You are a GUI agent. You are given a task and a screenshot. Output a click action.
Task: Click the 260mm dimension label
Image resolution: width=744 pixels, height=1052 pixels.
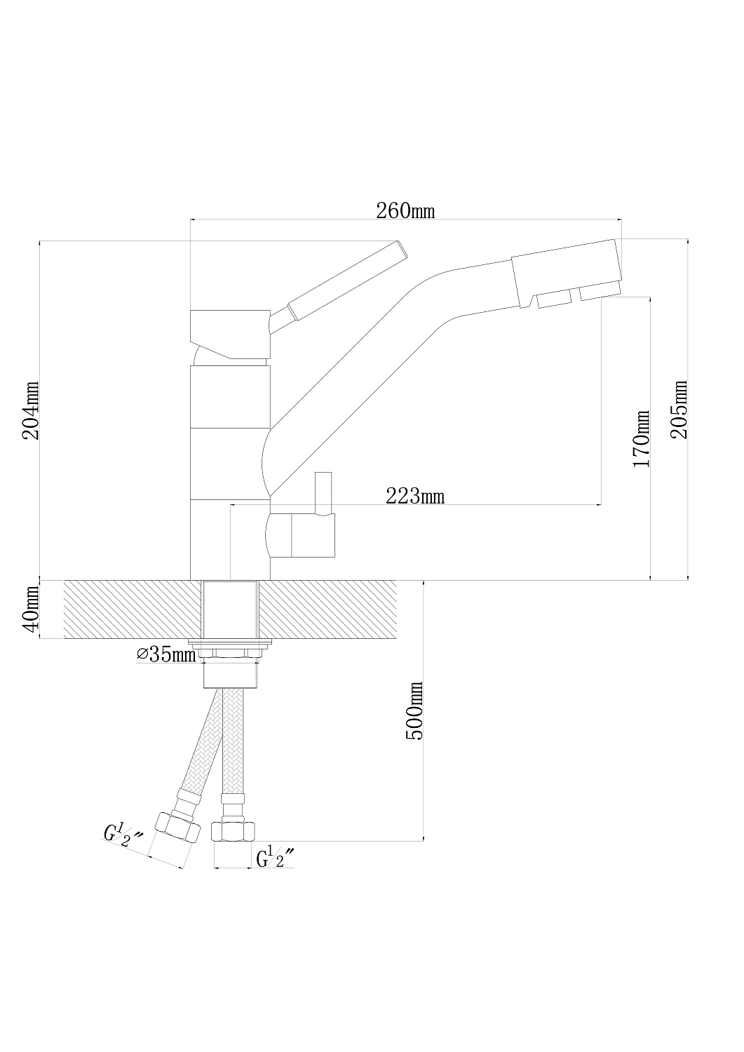click(405, 210)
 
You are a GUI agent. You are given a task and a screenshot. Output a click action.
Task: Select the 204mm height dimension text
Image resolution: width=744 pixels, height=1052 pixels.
click(32, 411)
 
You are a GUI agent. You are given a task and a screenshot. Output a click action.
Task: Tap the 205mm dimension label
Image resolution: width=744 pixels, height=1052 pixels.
click(679, 410)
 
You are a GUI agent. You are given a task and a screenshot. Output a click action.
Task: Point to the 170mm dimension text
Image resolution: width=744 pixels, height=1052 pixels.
click(642, 440)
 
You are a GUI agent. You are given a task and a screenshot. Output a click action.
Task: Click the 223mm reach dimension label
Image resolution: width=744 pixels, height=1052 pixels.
click(415, 497)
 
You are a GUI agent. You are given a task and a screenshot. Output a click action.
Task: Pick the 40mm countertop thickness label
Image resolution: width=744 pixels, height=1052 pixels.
click(30, 610)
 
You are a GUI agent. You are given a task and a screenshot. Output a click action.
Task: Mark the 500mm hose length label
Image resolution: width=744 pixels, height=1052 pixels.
click(416, 710)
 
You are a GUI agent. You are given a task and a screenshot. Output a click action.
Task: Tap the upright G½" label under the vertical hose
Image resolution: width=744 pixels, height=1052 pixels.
click(274, 858)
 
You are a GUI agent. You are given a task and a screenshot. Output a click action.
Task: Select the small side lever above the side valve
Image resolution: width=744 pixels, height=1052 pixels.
click(323, 492)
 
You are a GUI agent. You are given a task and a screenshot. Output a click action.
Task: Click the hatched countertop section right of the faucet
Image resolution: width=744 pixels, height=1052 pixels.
click(330, 609)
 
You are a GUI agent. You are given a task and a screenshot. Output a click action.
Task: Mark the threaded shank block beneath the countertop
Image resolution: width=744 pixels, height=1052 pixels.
click(231, 673)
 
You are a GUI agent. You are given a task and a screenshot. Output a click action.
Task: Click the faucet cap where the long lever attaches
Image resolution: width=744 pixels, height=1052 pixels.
click(231, 333)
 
